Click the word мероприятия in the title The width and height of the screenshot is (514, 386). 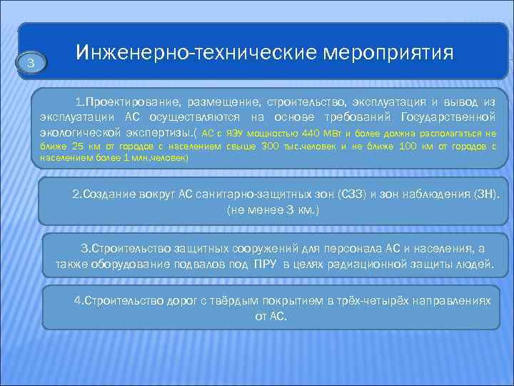pyautogui.click(x=389, y=54)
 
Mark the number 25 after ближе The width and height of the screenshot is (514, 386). pyautogui.click(x=79, y=147)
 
